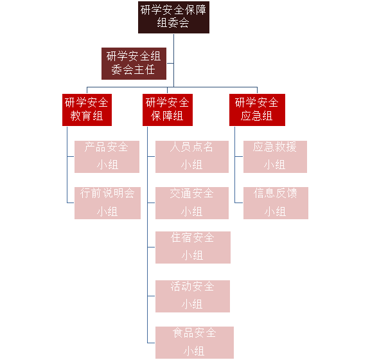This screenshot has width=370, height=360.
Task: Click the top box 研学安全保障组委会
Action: point(173,17)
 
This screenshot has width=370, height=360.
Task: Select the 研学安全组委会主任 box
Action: point(134,64)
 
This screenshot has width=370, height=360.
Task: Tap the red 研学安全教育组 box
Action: point(87,110)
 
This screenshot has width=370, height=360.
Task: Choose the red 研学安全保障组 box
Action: point(168,110)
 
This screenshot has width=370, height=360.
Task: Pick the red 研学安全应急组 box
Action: point(257,110)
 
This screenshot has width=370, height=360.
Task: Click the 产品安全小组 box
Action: point(107,157)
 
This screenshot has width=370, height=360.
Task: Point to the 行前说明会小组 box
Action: point(108,203)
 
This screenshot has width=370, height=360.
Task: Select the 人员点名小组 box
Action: point(192,157)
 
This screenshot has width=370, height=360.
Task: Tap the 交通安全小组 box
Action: point(192,203)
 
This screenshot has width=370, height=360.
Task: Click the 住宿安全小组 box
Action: point(193,248)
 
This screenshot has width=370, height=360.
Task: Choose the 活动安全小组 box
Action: point(193,296)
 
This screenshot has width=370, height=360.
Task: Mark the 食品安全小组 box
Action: point(195,343)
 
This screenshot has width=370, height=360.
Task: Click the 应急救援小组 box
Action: point(275,157)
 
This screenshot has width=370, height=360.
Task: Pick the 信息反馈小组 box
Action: point(276,203)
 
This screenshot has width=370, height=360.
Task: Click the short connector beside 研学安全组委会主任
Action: point(170,63)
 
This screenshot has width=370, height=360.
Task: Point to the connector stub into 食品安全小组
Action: point(151,343)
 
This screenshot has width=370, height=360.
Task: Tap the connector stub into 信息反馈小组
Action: point(239,203)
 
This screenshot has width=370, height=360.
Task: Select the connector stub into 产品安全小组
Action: point(71,156)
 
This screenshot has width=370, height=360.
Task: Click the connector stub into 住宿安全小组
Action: point(151,248)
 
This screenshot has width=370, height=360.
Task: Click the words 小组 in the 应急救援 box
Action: point(275,165)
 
